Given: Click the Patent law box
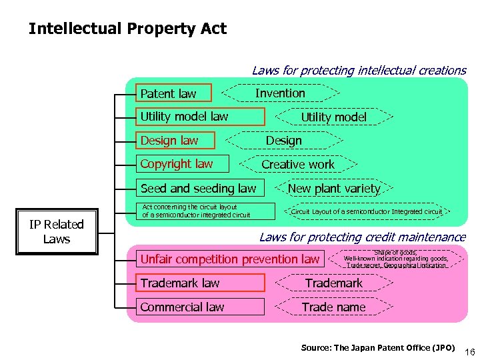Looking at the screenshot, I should click(174, 93).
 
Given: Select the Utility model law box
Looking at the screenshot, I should click(200, 117).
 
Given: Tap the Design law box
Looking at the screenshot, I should click(176, 140).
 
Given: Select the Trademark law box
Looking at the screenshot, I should click(200, 283).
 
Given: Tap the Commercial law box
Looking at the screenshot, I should click(200, 307).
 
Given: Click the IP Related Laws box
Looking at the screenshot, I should click(57, 232).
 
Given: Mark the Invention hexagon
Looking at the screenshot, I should click(280, 93).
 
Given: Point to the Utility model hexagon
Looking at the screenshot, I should click(333, 117).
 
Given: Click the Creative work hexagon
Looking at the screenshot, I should click(298, 164).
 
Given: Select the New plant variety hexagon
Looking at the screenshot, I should click(334, 189).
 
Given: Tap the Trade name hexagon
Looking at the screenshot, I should click(333, 307).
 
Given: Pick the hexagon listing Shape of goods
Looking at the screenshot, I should click(395, 259).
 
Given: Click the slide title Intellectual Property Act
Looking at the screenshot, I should click(127, 29).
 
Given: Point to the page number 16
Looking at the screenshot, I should click(469, 351).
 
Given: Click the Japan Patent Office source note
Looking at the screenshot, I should click(378, 347).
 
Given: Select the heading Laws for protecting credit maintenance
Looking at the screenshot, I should click(362, 237).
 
